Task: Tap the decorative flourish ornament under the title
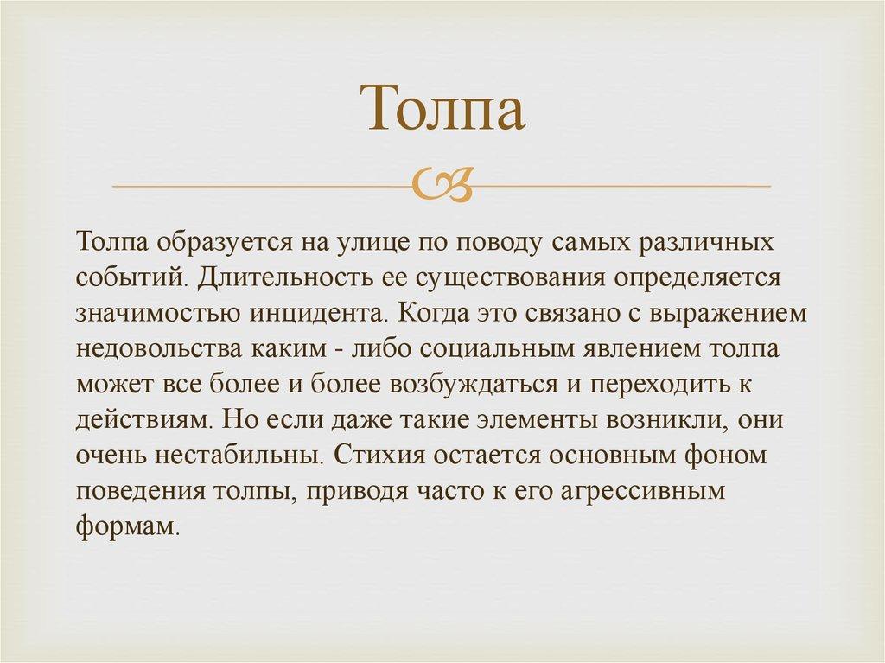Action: pyautogui.click(x=442, y=186)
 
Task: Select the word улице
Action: pyautogui.click(x=374, y=244)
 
